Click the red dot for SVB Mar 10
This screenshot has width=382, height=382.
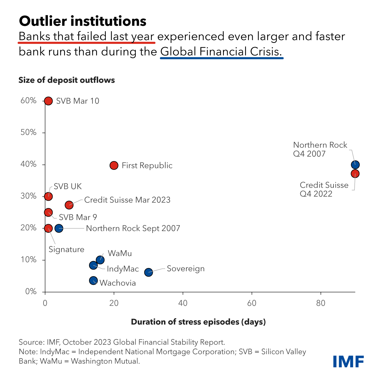point(48,101)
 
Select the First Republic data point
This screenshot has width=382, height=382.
point(114,165)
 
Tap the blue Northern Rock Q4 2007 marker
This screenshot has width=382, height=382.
point(355,165)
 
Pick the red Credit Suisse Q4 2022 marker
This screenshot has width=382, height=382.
point(355,174)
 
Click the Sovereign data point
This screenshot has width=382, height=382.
point(149,272)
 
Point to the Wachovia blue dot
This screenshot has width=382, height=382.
point(93,281)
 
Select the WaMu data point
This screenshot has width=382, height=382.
point(100,260)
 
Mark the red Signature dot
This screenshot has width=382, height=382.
point(48,228)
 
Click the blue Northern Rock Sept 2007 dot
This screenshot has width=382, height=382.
point(59,228)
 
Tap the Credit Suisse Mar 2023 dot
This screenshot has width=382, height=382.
point(69,205)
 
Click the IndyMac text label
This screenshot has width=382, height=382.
point(123,269)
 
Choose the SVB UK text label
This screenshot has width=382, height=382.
point(68,187)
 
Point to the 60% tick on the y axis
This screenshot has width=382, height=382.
point(29,101)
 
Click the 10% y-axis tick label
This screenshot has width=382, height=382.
point(29,260)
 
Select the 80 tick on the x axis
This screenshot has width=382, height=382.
point(321,303)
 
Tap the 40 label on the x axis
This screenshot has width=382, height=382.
point(183,303)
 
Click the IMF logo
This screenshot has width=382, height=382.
point(349,361)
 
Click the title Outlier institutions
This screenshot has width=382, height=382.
point(83,21)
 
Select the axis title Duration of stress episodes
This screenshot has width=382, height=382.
point(198,322)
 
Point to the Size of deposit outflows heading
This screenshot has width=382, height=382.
point(67,80)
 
